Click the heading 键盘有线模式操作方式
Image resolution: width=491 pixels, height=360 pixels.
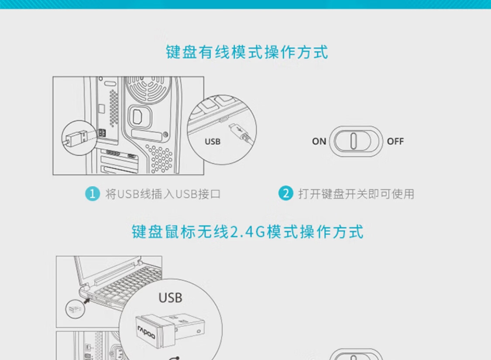(x=247, y=52)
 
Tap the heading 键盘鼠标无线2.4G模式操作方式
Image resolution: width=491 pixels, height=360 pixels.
(x=247, y=232)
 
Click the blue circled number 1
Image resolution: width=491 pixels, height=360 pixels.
(x=93, y=194)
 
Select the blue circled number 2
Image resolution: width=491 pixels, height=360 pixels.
(x=285, y=193)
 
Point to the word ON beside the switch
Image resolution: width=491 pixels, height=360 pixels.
(x=319, y=141)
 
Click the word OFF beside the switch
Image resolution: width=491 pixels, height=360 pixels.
(x=395, y=141)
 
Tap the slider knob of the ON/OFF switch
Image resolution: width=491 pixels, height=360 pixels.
(x=353, y=141)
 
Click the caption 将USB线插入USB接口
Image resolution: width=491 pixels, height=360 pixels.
(x=163, y=194)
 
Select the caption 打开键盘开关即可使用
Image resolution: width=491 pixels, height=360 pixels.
(x=356, y=194)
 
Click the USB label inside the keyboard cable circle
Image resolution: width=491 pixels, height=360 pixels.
(x=213, y=142)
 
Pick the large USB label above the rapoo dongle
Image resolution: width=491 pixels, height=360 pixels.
(x=170, y=298)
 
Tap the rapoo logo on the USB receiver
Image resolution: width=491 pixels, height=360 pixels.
(x=146, y=332)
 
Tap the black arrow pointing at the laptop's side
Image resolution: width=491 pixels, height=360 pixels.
(x=87, y=301)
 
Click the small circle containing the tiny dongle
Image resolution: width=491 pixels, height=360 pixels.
(x=75, y=309)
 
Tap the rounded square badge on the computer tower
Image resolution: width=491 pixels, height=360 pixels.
(x=140, y=117)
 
